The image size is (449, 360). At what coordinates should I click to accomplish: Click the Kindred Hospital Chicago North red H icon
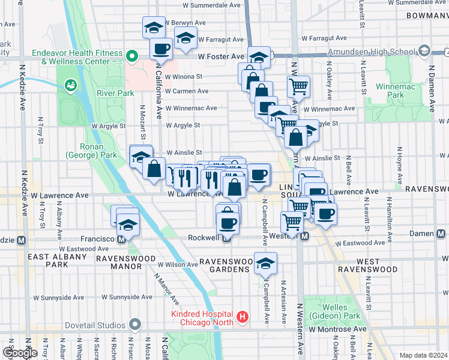[243, 316]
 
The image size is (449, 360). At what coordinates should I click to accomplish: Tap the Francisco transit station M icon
[122, 239]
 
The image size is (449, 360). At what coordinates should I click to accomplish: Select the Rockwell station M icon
[226, 238]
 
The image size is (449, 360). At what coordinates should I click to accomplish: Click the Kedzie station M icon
[21, 240]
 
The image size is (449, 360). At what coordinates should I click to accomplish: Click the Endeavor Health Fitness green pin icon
[133, 57]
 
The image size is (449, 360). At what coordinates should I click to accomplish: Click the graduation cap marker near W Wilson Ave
[265, 263]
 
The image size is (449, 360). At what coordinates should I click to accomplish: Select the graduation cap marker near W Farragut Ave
[186, 37]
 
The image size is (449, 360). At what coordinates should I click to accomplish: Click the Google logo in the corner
[20, 353]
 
